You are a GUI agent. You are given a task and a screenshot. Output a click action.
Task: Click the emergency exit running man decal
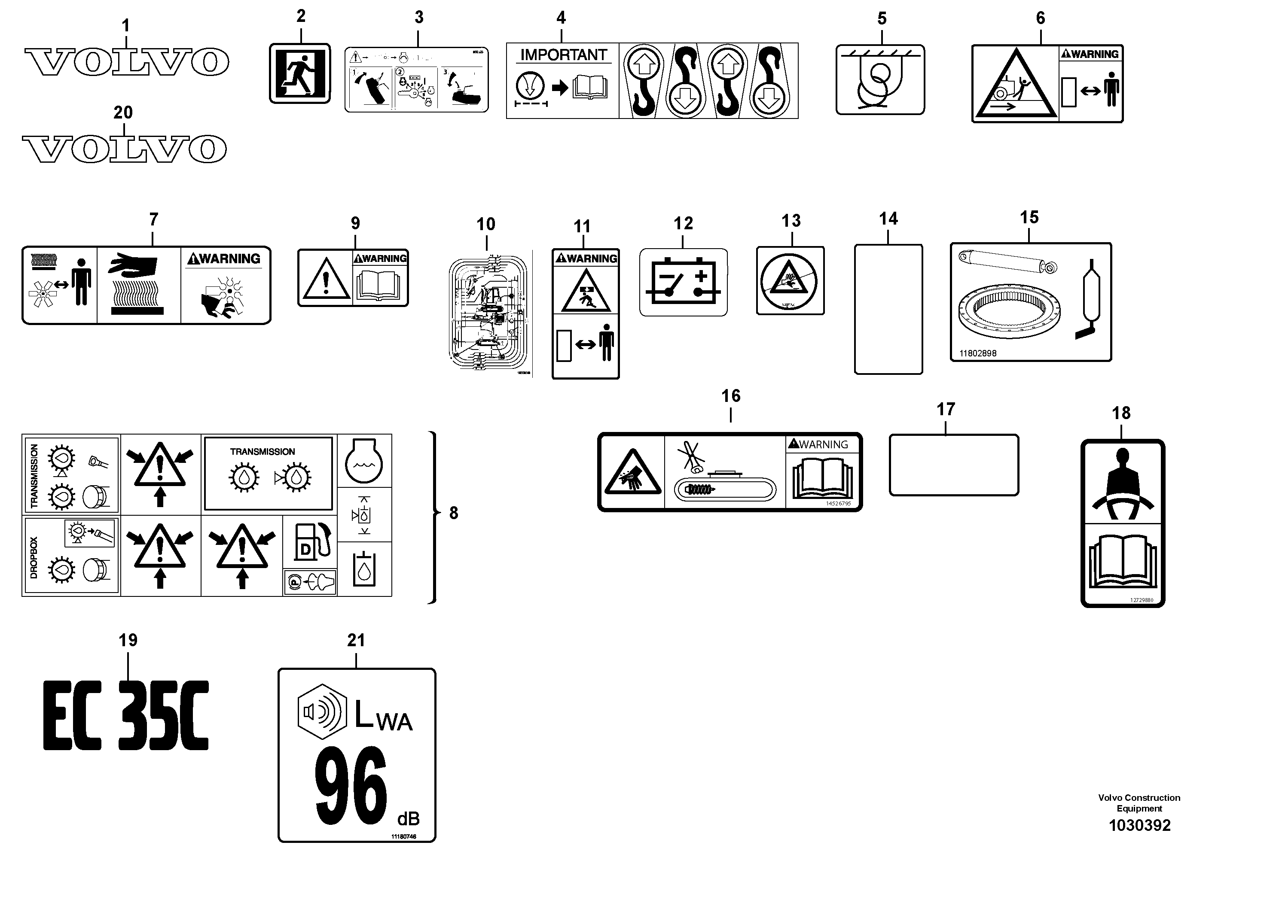300,73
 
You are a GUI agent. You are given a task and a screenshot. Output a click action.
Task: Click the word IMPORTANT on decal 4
563,55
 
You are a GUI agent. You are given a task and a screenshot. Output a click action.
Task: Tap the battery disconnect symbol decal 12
683,282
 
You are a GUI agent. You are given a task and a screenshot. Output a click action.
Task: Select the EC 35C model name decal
126,715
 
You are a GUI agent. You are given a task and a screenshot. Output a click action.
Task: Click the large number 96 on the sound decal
351,787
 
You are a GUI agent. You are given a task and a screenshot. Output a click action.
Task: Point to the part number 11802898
978,353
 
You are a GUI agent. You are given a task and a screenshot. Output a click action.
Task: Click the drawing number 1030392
1139,825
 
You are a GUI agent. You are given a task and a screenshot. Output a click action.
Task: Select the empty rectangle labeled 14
888,309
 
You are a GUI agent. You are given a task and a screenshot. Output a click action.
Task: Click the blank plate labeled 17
954,465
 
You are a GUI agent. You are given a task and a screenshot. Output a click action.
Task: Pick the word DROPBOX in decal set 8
34,557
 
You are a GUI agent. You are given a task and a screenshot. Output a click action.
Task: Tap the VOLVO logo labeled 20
124,149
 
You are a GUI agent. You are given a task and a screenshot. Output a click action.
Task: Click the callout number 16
730,396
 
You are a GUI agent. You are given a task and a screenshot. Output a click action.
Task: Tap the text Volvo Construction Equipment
1139,803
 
